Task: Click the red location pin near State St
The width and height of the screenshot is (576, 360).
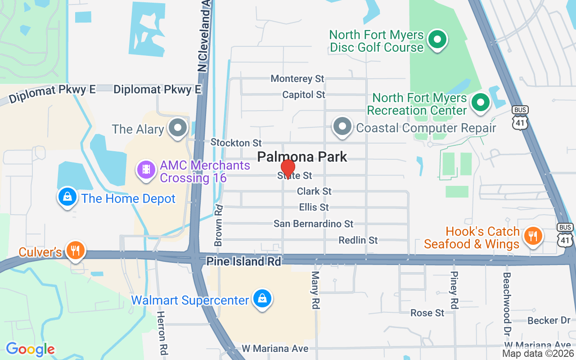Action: click(x=288, y=168)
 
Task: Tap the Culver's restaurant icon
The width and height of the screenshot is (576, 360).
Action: click(x=74, y=250)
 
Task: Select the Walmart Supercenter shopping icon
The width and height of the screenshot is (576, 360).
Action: click(x=261, y=299)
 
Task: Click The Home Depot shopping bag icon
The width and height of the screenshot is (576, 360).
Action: click(x=67, y=197)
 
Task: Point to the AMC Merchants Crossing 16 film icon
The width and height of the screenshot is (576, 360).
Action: click(x=146, y=171)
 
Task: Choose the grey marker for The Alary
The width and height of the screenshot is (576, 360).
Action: click(x=177, y=128)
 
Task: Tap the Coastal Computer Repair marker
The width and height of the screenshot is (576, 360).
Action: click(x=342, y=127)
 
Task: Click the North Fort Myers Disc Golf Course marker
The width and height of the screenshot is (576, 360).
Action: click(x=436, y=40)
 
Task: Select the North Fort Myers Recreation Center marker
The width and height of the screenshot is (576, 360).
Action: click(x=480, y=103)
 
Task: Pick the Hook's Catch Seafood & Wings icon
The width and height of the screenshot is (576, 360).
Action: click(x=533, y=236)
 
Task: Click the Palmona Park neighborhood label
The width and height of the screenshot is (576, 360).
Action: click(x=302, y=157)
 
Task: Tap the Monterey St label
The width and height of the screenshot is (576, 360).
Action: click(x=297, y=79)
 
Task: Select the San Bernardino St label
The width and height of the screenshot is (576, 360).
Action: click(x=314, y=224)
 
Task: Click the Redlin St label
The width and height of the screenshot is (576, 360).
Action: click(x=358, y=240)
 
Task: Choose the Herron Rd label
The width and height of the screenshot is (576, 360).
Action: click(x=161, y=332)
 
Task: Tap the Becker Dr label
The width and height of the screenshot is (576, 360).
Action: click(x=549, y=321)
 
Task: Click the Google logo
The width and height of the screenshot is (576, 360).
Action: click(x=30, y=349)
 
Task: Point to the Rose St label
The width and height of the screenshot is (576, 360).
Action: click(x=427, y=313)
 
